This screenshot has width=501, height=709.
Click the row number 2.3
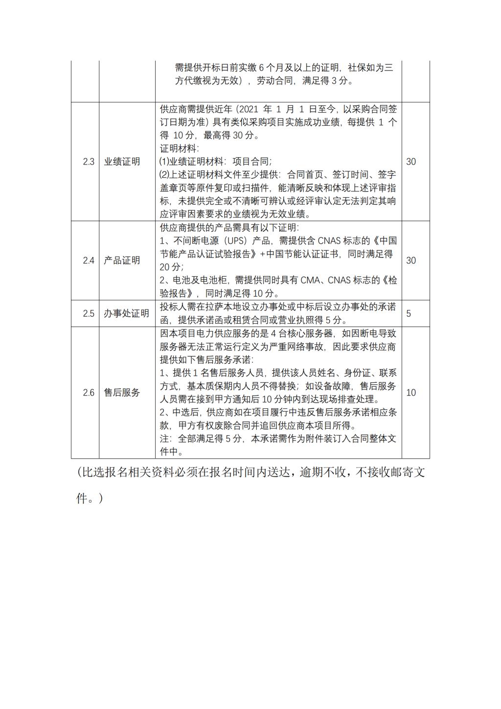coord(89,162)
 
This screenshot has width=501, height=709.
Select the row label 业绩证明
coord(122,162)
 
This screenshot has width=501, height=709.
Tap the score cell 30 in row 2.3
coord(411,162)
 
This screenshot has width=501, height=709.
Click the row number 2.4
coord(89,260)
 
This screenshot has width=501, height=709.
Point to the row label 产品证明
coord(122,260)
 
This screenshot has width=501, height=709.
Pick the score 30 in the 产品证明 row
coord(411,260)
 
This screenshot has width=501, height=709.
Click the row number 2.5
coord(89,313)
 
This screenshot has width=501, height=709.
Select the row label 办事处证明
coord(126,313)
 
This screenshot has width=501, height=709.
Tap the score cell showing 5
coord(409,313)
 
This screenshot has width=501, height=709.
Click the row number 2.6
coord(89,393)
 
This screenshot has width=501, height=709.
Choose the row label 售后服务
coord(122,393)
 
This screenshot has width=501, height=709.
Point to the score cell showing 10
coord(411,393)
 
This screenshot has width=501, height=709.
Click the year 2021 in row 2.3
coord(246,109)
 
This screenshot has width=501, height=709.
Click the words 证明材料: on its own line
coord(180,148)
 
